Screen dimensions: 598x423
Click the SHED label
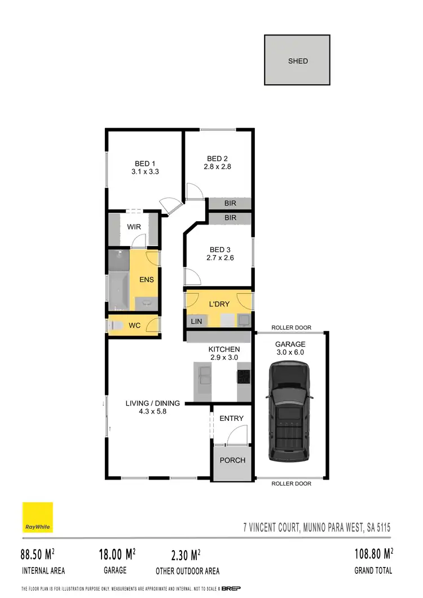[297, 61]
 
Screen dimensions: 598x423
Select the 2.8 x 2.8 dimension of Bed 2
[218, 167]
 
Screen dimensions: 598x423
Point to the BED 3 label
[220, 249]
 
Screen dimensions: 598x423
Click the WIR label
[133, 227]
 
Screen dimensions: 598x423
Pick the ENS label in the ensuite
[146, 279]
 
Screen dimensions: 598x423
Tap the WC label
[134, 326]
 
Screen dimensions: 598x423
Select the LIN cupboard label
[196, 320]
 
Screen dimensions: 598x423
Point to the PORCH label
[232, 460]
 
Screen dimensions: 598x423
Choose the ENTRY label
[231, 418]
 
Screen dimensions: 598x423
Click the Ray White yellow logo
[37, 517]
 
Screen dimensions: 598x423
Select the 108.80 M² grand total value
[373, 555]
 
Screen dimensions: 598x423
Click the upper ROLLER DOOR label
[291, 328]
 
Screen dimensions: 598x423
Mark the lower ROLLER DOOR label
[291, 483]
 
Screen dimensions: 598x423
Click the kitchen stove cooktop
[243, 376]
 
